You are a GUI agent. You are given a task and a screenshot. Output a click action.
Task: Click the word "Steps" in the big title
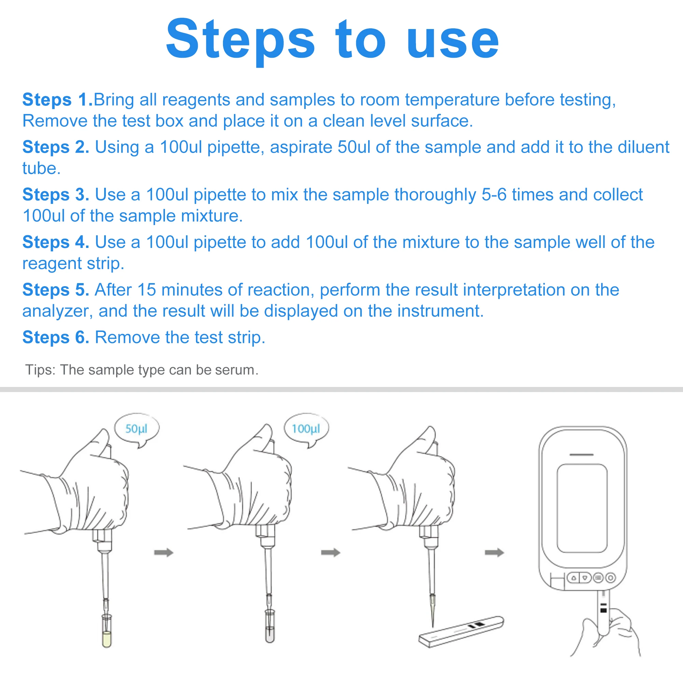[240, 40]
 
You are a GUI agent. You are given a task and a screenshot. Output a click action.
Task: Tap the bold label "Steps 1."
[58, 99]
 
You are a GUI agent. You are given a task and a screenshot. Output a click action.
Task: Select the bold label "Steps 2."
[56, 147]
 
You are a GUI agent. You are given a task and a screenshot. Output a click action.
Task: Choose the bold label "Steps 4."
[56, 242]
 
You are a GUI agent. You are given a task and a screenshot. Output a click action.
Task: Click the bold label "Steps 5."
[56, 290]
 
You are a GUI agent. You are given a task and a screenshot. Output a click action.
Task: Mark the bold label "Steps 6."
[56, 337]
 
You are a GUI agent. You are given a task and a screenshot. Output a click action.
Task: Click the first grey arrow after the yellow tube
[164, 553]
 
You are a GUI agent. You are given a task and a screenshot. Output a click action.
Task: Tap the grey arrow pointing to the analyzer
[494, 553]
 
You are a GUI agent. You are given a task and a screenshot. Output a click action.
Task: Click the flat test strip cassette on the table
[461, 631]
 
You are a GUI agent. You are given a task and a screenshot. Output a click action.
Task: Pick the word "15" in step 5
[147, 290]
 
